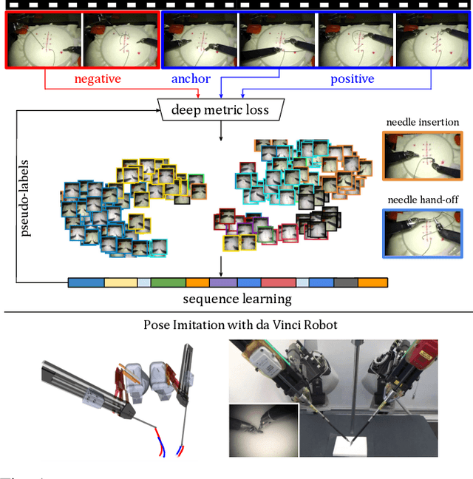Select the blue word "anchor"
coord(190,78)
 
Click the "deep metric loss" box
coord(220,111)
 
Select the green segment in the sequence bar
coord(168,282)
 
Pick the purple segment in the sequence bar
coord(222,282)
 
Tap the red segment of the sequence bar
coord(278,282)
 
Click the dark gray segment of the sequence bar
coord(345,282)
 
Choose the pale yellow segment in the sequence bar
coord(120,282)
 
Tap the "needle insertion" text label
coord(421,123)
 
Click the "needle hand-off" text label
coord(421,198)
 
